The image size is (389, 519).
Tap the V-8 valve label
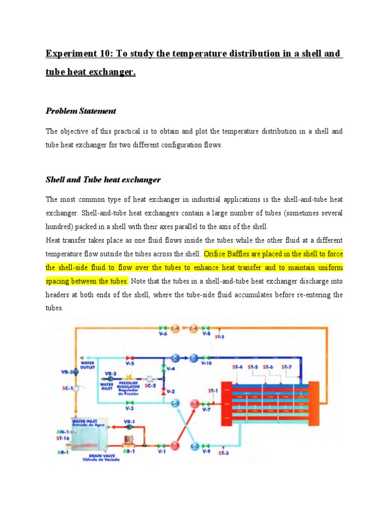(x=206, y=334)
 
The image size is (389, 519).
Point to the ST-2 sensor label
(x=220, y=337)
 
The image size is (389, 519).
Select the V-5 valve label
(x=130, y=363)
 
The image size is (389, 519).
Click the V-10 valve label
(x=206, y=363)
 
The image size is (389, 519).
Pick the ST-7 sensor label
(x=287, y=367)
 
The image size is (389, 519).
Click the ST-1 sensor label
(x=213, y=391)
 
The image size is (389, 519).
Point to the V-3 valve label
(x=130, y=408)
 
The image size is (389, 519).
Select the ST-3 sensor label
(x=223, y=453)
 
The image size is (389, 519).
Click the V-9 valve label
(x=206, y=452)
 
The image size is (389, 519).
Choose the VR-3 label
(x=66, y=372)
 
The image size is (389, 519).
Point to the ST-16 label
(x=63, y=438)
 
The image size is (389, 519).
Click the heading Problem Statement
(x=81, y=110)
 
